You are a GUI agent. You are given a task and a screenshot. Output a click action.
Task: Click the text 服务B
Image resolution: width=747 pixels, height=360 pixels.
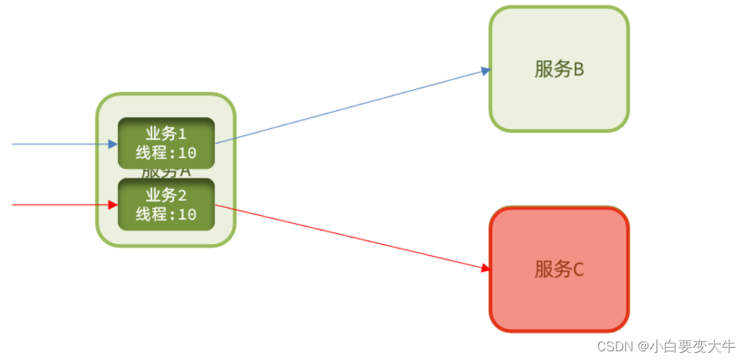(559, 70)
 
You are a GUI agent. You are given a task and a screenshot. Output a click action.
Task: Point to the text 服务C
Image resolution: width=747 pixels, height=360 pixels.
(559, 269)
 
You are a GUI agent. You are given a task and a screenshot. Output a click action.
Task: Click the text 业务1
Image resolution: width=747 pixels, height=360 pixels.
(166, 134)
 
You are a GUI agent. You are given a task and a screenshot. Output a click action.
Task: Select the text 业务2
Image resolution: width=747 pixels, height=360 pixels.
(166, 195)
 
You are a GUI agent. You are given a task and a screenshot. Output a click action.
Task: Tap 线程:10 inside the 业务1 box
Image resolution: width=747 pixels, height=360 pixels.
(166, 153)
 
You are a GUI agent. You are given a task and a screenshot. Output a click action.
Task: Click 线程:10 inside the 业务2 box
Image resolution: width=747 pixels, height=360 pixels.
(166, 214)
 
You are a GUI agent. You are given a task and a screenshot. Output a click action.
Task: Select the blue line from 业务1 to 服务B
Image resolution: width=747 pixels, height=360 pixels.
(348, 107)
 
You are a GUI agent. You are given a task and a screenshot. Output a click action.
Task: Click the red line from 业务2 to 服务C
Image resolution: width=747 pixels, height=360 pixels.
(348, 237)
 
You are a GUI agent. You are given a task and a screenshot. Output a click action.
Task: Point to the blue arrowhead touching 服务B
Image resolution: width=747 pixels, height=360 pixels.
(486, 70)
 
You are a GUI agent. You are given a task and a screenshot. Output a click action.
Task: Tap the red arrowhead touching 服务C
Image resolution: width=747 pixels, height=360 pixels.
(486, 268)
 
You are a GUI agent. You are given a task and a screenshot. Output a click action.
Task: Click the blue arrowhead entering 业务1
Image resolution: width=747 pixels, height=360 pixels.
(112, 144)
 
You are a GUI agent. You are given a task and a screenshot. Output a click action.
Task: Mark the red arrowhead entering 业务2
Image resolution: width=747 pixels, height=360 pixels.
(112, 205)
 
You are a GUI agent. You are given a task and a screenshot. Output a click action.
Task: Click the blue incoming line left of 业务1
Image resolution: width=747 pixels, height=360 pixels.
(58, 144)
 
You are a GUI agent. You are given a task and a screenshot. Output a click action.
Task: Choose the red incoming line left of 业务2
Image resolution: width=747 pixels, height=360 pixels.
(58, 205)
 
